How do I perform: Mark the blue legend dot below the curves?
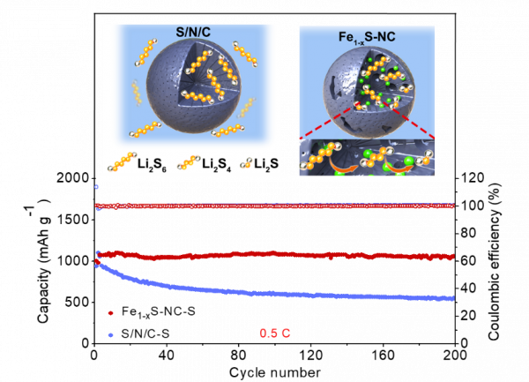(x=110, y=335)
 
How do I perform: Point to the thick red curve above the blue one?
(x=264, y=255)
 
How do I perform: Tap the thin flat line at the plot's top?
(x=264, y=206)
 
